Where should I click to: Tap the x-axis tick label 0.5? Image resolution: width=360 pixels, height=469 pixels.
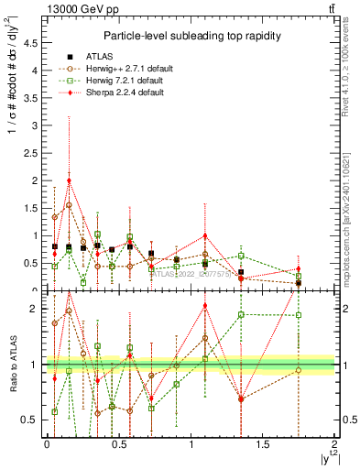tap(118, 444)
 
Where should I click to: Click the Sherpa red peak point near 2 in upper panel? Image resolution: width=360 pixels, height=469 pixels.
tap(69, 180)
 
